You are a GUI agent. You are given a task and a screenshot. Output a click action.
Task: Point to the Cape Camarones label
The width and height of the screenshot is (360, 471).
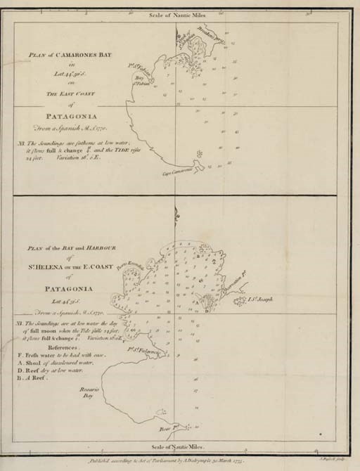coord(177,171)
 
